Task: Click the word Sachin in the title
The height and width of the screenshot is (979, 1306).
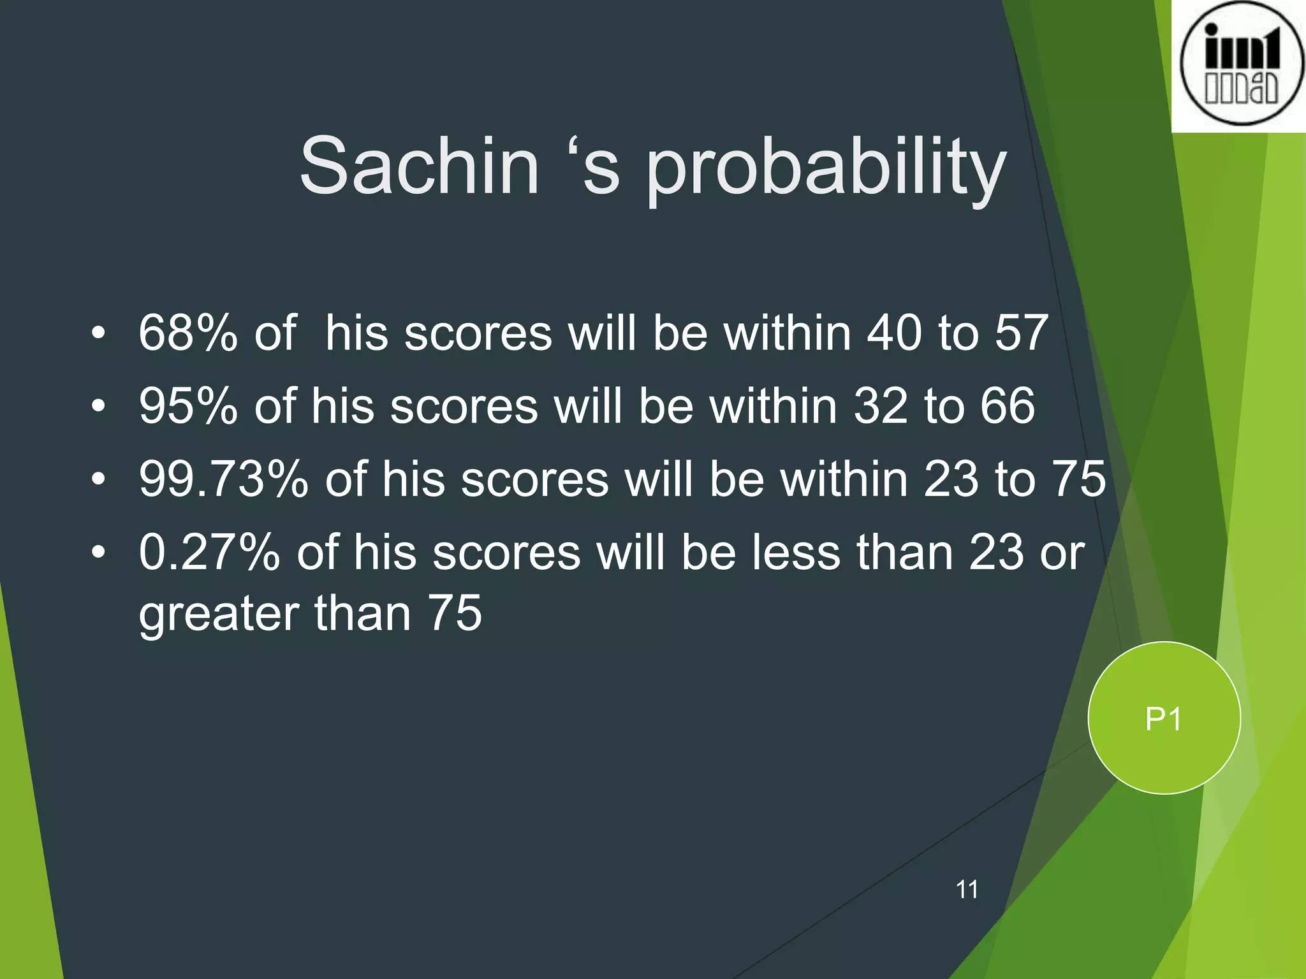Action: click(420, 166)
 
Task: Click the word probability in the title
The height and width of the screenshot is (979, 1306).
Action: click(826, 170)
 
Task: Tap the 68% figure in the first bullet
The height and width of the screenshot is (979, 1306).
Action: click(188, 333)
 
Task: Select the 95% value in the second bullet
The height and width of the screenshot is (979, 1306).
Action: click(188, 406)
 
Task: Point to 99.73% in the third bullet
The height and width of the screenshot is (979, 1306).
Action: click(223, 479)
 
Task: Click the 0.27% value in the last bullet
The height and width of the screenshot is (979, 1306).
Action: click(209, 552)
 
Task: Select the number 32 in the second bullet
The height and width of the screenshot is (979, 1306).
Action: click(881, 406)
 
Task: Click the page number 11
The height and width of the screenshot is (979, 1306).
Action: click(967, 889)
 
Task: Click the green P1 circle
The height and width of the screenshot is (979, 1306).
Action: click(1164, 718)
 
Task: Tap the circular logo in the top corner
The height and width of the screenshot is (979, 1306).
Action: click(1240, 64)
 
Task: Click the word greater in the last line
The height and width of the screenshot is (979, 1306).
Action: click(219, 614)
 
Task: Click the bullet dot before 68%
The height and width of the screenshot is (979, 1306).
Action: click(97, 333)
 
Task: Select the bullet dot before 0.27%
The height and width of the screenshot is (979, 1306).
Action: click(97, 552)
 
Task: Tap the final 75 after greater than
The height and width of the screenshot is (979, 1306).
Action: click(455, 613)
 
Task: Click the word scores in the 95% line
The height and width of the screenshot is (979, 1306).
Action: click(464, 407)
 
